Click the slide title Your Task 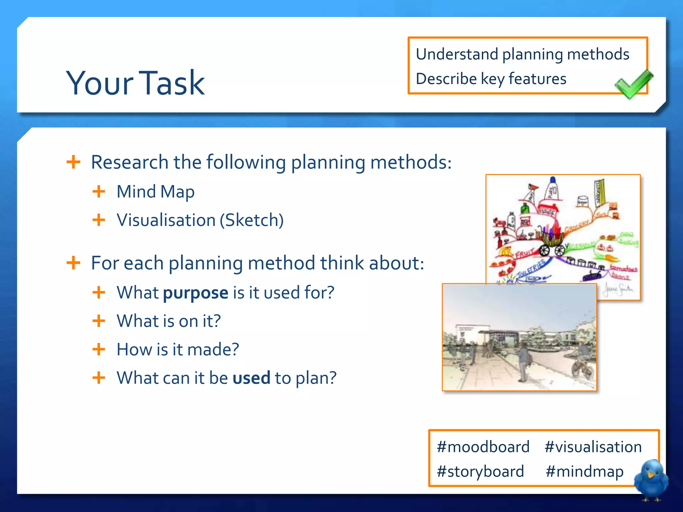[135, 83]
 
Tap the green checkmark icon [633, 84]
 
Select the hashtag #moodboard [483, 447]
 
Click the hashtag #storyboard [480, 471]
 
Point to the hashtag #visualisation [593, 447]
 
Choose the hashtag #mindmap [584, 471]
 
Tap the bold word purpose [195, 293]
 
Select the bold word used [251, 378]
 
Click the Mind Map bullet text [155, 192]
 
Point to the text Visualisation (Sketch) [200, 220]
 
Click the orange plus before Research [73, 162]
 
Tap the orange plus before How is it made [99, 350]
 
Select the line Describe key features [491, 79]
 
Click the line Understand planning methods [522, 54]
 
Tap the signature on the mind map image [618, 289]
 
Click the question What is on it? [168, 321]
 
